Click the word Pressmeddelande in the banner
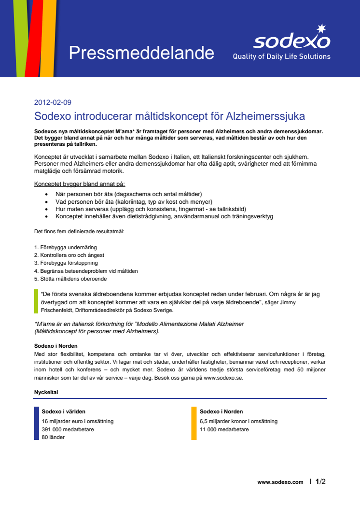coord(141,53)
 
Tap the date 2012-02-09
coord(53,102)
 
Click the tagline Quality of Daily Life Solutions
coord(281,57)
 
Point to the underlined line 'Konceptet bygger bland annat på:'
coord(80,184)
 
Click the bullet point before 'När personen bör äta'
coord(46,194)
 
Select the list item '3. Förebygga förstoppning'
coord(66,263)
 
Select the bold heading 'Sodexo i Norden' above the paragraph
coord(56,346)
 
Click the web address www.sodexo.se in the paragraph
coord(222,378)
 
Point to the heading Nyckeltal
coord(46,392)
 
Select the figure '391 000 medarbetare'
coord(68,429)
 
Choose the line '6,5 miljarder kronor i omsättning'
coord(238,421)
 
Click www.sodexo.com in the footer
coord(280,482)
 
